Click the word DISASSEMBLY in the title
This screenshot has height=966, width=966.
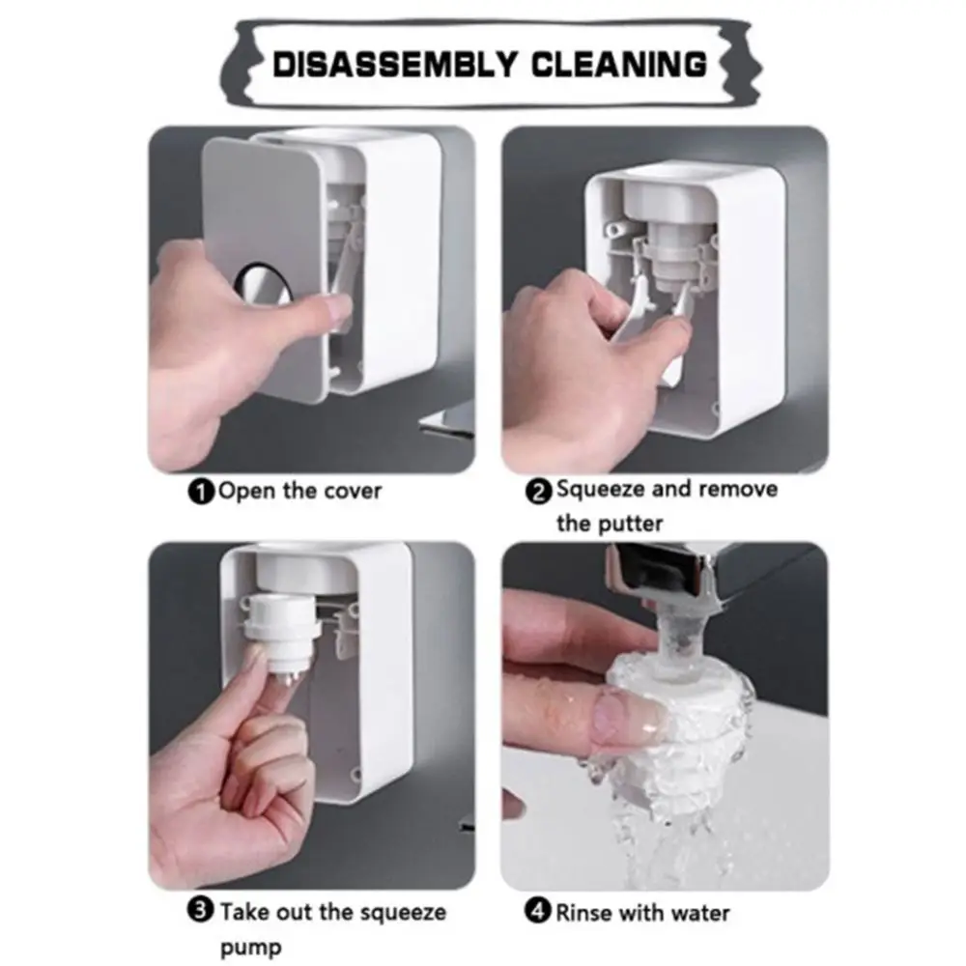click(394, 64)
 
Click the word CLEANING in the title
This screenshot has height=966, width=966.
click(619, 64)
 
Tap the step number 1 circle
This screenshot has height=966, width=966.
click(201, 493)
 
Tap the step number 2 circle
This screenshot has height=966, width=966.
click(538, 492)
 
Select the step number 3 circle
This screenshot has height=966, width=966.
click(200, 910)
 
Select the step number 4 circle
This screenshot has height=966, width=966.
click(538, 911)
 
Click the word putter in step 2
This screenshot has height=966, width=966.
click(633, 524)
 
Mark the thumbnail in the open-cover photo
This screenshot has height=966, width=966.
click(332, 309)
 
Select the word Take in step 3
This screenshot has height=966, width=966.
click(244, 912)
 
